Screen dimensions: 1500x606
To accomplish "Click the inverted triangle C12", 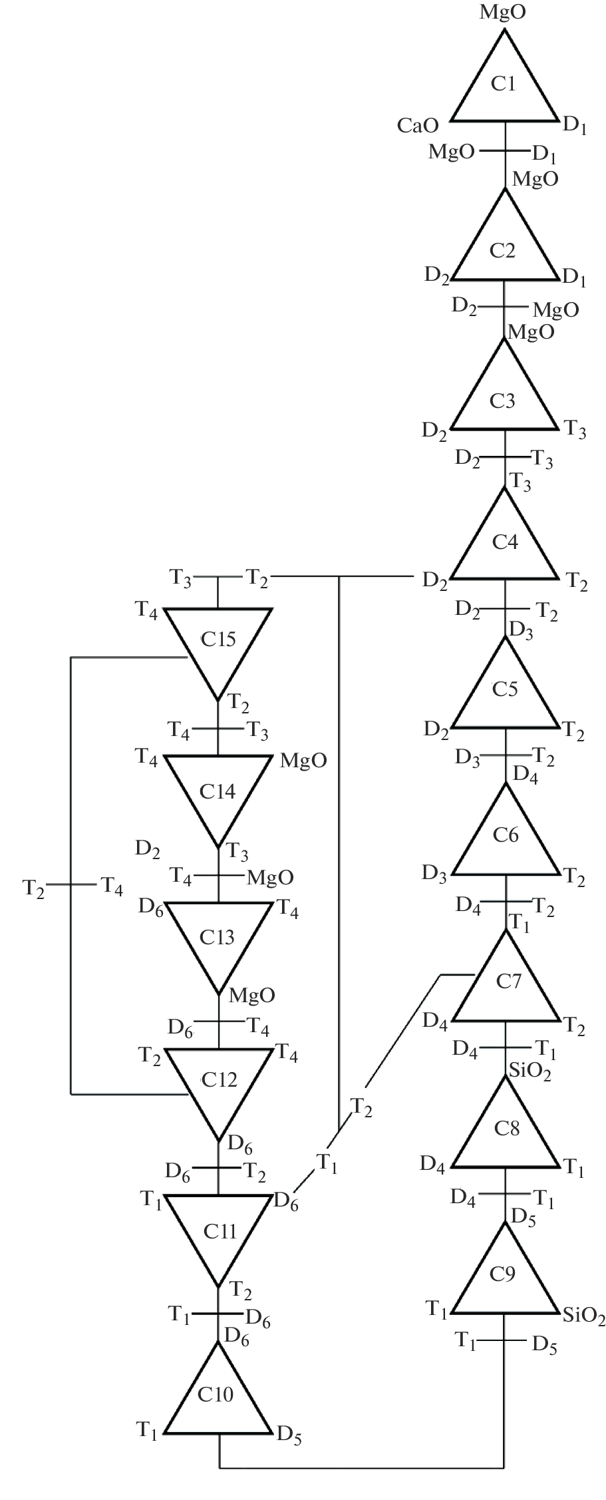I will pos(219,1081).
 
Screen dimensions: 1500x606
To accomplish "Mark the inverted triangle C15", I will pos(218,640).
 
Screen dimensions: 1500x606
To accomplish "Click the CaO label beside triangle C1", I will pos(418,126).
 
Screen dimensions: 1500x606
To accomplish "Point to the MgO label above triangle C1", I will pos(503,12).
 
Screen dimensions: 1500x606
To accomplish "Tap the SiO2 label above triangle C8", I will pos(530,1071).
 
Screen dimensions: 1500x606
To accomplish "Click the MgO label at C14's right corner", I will pos(303,761).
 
